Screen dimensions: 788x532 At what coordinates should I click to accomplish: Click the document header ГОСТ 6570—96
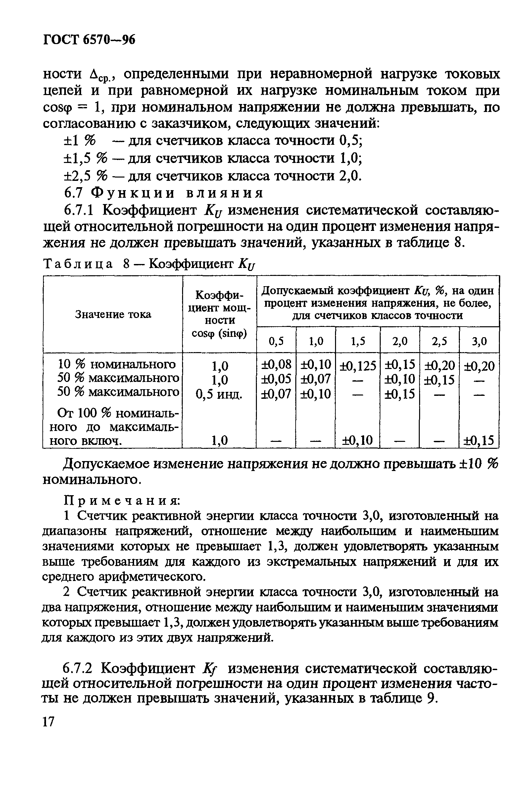point(89,40)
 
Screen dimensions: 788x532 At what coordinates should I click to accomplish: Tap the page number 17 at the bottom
point(48,721)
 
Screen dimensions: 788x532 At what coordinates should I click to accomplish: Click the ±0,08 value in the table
point(276,364)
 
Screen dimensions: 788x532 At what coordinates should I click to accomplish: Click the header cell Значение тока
point(113,314)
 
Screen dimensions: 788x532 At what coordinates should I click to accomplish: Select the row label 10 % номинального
point(117,364)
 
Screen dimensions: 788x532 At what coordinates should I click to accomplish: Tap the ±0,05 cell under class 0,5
point(276,379)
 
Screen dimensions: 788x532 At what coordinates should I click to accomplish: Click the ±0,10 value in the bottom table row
point(358,440)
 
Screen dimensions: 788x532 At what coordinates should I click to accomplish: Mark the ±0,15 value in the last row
point(479,440)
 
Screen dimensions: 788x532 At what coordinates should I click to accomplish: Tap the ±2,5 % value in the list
point(85,176)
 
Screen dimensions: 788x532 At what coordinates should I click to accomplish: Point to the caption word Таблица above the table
point(77,264)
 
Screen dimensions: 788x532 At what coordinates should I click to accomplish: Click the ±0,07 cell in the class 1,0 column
point(316,379)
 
